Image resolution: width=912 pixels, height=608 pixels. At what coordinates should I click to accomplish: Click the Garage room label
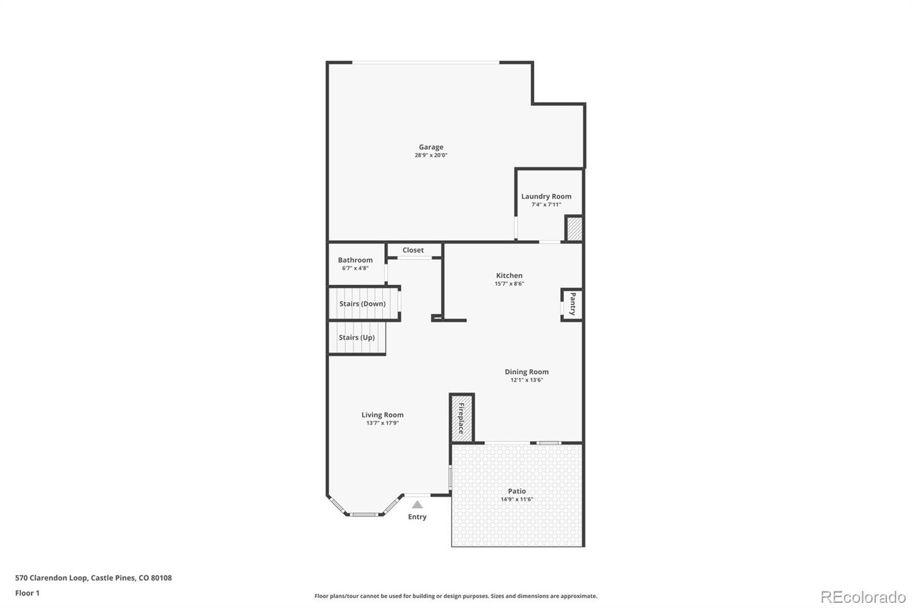pos(431,147)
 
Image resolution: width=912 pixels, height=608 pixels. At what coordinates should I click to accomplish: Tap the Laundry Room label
pos(546,196)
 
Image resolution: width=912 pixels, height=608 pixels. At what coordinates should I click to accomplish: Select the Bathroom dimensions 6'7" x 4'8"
pos(355,268)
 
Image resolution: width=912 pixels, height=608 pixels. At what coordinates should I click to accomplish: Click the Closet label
pos(413,250)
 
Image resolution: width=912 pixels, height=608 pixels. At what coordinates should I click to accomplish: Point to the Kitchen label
pos(509,275)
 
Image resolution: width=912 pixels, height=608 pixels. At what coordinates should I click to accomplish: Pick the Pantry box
pos(572,304)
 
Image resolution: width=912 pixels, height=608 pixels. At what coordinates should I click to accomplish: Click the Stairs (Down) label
pos(363,303)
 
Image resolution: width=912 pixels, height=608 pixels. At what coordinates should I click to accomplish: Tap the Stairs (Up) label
pos(357,337)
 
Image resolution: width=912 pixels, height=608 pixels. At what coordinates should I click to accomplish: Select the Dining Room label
pos(526,372)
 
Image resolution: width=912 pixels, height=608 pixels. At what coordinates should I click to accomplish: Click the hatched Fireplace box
pos(461,418)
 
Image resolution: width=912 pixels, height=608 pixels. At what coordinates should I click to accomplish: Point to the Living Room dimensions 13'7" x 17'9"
pos(382,423)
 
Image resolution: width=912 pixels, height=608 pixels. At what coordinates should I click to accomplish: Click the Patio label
pos(517,491)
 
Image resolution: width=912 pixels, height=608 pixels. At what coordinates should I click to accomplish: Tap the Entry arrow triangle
pos(417,504)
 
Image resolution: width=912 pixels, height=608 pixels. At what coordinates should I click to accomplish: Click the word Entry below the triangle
pos(417,517)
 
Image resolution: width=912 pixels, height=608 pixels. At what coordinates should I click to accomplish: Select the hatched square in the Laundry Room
pos(573,228)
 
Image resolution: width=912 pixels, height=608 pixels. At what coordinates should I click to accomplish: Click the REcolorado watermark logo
pos(863,597)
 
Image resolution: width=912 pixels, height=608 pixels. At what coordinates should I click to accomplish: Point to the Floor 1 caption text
pos(27,593)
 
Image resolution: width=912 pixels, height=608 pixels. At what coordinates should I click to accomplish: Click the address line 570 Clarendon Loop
pos(93,578)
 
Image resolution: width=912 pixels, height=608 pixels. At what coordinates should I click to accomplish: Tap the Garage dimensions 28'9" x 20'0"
pos(431,155)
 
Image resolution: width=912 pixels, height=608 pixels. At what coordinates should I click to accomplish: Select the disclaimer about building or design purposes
pos(455,596)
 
